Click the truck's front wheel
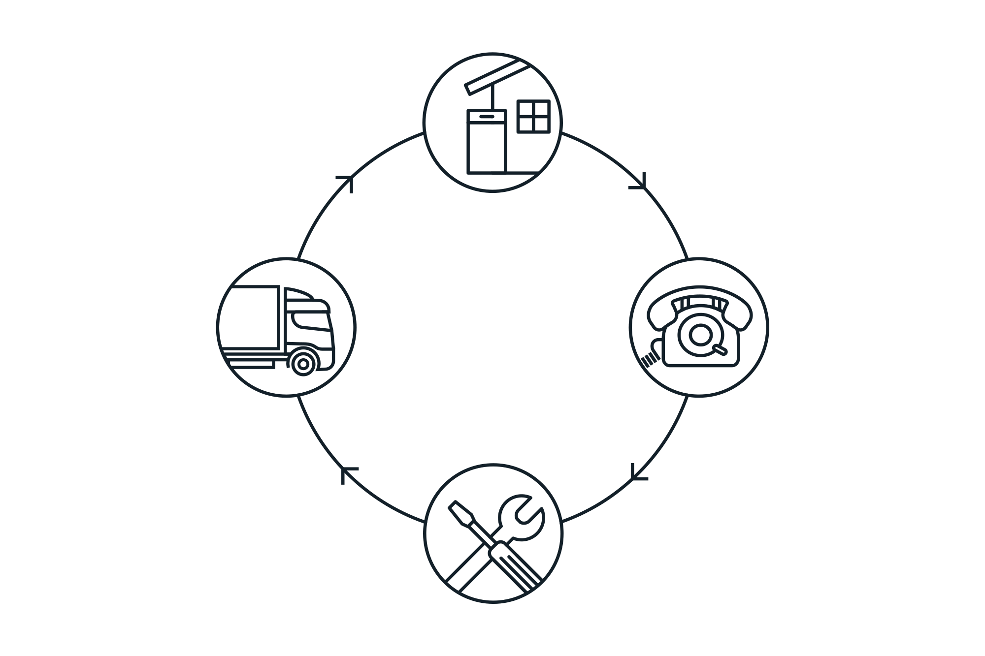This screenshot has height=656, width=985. pos(304,364)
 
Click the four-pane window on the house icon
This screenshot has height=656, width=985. pos(533,116)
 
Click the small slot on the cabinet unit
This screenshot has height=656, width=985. pos(487,116)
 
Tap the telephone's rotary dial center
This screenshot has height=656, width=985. pos(698,335)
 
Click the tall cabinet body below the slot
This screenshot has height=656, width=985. pos(487,147)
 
